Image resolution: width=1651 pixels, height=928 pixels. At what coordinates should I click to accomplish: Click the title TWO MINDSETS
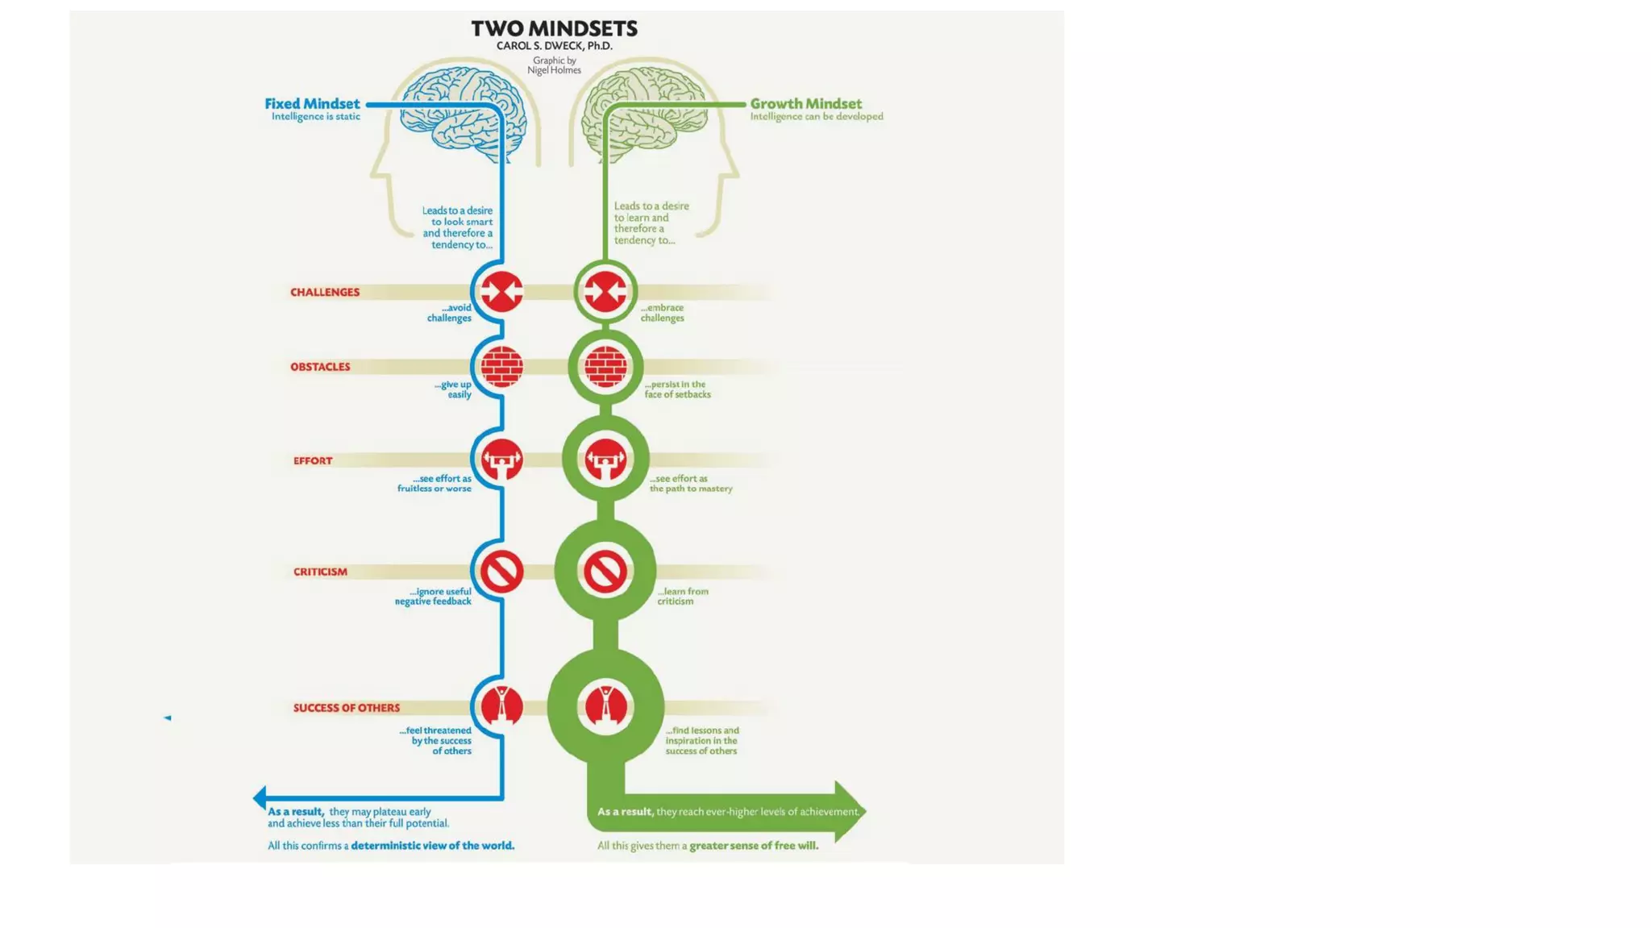coord(554,29)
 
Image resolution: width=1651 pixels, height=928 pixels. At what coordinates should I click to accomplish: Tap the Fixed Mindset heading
coord(312,104)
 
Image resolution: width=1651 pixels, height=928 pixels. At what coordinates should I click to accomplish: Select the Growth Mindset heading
coord(805,104)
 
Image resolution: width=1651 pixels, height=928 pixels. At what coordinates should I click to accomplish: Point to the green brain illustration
coord(645,113)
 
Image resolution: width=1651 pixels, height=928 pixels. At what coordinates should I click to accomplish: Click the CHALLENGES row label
coord(325,292)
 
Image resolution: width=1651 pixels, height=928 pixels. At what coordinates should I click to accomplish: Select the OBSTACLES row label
coord(320,367)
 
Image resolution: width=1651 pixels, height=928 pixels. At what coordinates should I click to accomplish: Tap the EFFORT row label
coord(313,461)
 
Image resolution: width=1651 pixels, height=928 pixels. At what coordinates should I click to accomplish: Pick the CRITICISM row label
coord(320,572)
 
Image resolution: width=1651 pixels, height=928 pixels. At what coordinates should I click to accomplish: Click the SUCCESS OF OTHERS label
coord(347,708)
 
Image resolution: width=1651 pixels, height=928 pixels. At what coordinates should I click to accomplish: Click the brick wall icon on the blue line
coord(501,367)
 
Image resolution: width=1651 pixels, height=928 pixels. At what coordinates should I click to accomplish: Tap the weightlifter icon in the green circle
coord(605,460)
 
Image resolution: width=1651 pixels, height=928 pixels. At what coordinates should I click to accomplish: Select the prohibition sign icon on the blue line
coord(501,572)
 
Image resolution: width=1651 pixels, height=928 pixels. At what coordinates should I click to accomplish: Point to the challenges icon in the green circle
coord(605,292)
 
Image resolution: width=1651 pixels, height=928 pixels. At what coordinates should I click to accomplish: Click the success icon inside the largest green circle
coord(605,707)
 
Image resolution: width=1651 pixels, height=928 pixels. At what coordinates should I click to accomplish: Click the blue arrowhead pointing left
coord(260,798)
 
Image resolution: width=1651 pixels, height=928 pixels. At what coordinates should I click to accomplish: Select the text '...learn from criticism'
coord(682,596)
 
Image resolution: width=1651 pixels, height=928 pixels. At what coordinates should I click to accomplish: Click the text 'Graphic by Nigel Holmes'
coord(554,65)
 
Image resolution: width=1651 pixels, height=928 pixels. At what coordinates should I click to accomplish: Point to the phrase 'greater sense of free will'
coord(754,846)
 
